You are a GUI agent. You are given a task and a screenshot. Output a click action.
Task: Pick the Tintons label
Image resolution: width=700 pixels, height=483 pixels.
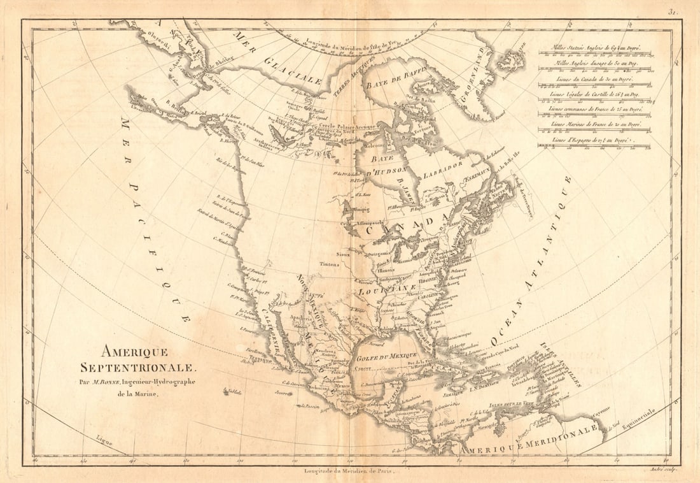click(329, 264)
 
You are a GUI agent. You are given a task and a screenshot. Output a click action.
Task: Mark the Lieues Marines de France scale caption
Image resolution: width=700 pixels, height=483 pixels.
click(594, 124)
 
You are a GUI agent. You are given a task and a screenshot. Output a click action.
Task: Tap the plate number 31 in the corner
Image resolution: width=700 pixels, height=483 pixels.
click(673, 11)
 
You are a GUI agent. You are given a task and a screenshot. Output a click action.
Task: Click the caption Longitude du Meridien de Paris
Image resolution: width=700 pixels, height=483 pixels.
click(349, 470)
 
